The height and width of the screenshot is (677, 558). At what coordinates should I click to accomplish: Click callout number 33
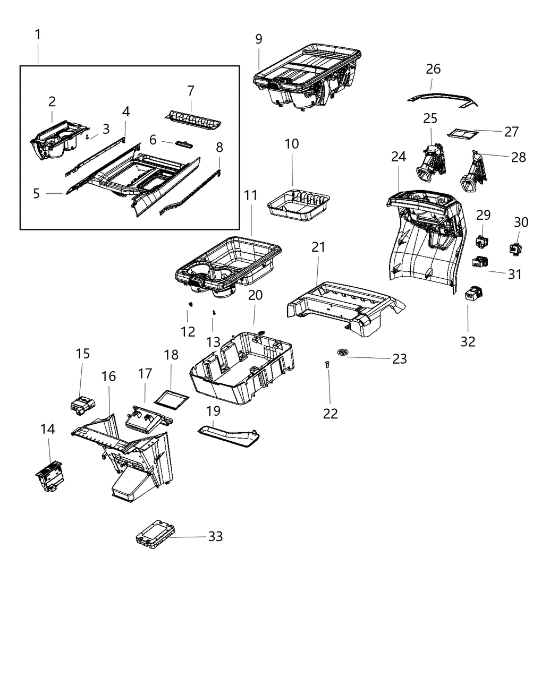click(x=215, y=537)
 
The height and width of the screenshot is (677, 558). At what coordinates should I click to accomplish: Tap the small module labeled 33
click(x=155, y=531)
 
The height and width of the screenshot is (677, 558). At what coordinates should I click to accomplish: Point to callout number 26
click(x=433, y=69)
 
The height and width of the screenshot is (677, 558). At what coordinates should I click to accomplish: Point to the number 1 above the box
click(x=38, y=35)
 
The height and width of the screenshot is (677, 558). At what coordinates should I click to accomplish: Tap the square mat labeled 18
click(x=171, y=397)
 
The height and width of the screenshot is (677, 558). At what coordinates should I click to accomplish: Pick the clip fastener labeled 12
click(x=189, y=304)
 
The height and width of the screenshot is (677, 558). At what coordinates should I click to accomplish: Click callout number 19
click(x=213, y=411)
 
